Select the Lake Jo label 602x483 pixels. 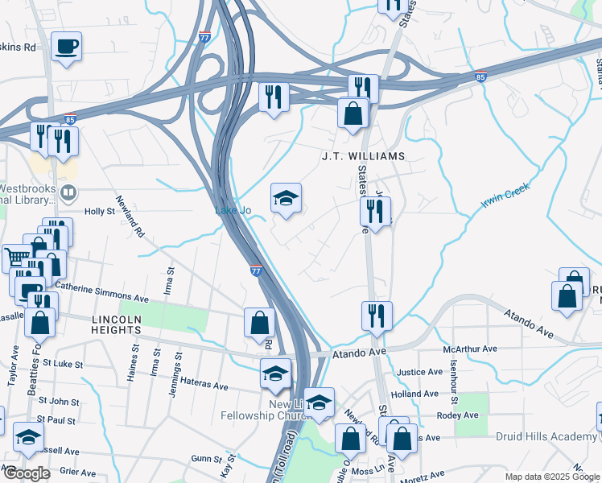click(x=233, y=211)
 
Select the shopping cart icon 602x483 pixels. click(x=17, y=258)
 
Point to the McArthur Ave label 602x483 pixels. click(x=471, y=350)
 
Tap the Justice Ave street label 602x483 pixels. click(x=419, y=373)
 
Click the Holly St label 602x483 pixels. click(x=101, y=212)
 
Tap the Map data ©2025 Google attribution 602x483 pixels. click(x=552, y=477)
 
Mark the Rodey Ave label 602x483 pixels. click(x=456, y=416)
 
